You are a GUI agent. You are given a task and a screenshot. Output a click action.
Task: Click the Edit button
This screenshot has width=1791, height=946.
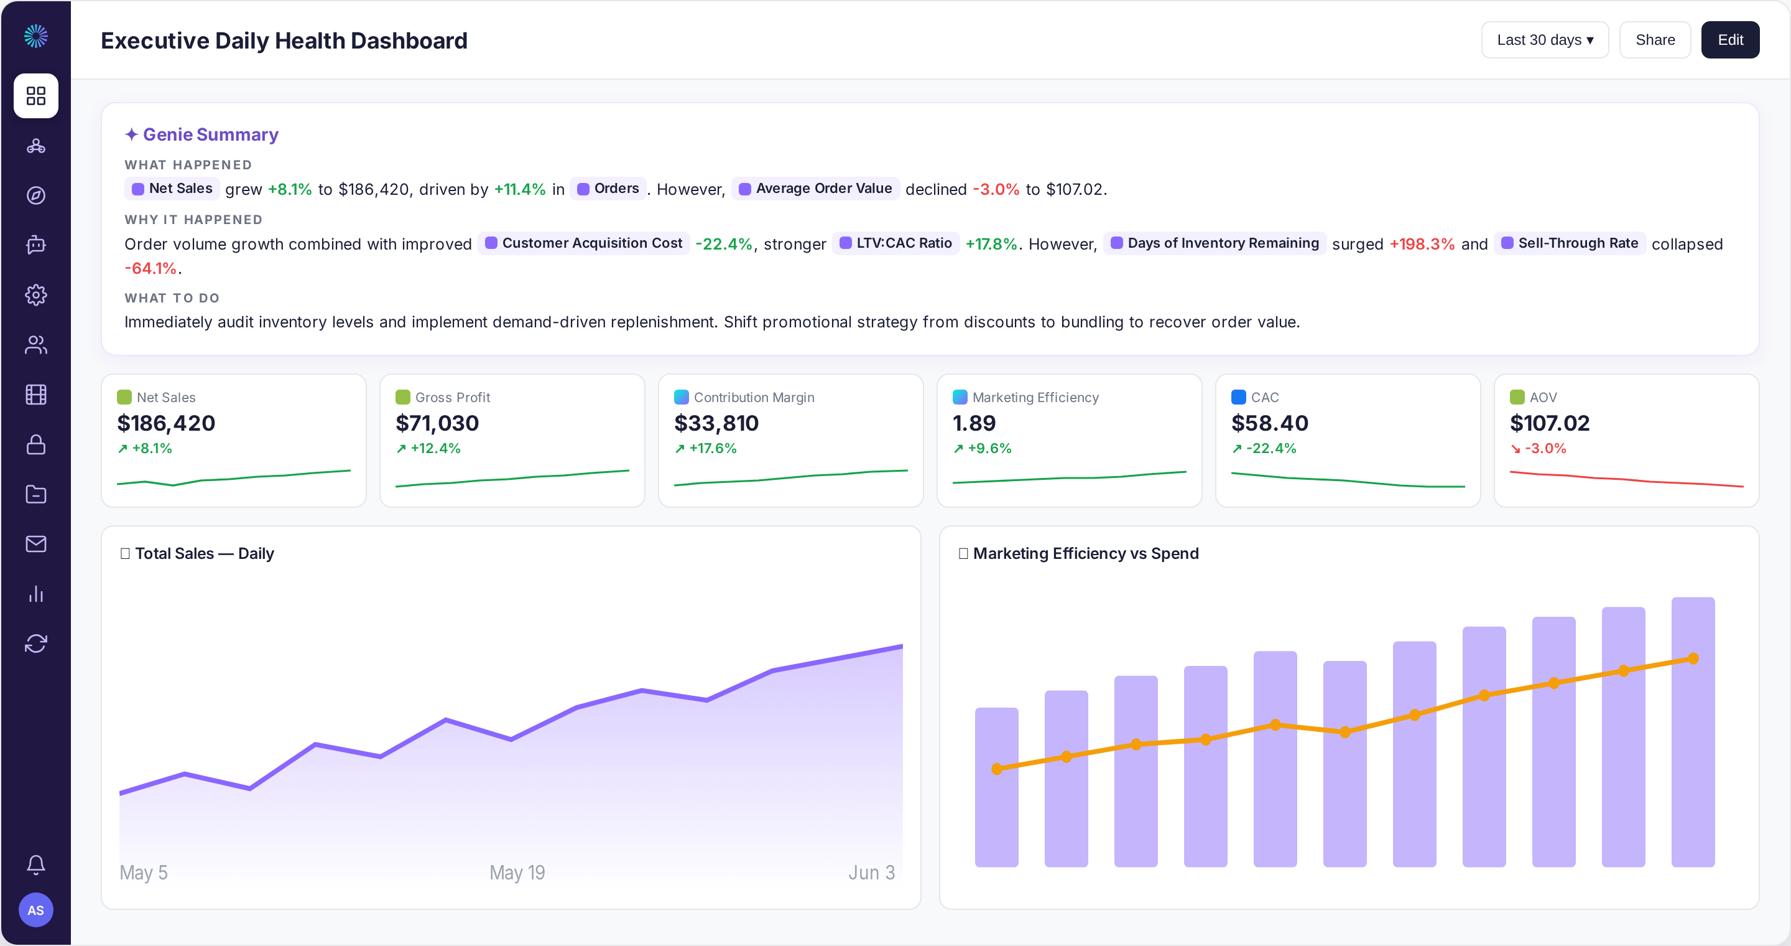click(x=1730, y=40)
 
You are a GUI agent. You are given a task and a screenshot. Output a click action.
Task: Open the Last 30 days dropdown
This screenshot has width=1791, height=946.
click(x=1545, y=40)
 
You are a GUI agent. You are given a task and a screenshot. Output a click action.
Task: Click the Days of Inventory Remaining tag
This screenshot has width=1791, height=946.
click(x=1215, y=243)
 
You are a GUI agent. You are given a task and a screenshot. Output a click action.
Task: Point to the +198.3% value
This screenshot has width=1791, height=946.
click(x=1422, y=244)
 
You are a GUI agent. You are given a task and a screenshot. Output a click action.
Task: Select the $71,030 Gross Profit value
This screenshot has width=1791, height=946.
click(x=437, y=423)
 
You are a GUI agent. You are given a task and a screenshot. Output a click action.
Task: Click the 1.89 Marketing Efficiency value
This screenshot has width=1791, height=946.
click(x=974, y=423)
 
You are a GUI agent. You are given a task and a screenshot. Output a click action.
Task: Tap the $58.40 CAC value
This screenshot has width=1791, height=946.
click(x=1269, y=423)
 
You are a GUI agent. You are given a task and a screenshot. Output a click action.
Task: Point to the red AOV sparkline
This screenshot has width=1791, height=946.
click(x=1626, y=479)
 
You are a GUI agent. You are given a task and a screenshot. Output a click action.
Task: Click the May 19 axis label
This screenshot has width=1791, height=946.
click(x=517, y=873)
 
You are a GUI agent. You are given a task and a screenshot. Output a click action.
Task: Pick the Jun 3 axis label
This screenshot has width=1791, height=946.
click(x=871, y=873)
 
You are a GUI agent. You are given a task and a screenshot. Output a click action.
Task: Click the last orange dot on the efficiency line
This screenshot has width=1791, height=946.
click(x=1693, y=658)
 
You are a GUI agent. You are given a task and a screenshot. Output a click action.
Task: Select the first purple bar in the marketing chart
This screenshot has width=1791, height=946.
click(x=996, y=787)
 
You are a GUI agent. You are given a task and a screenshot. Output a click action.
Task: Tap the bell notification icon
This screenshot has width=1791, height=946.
click(x=36, y=864)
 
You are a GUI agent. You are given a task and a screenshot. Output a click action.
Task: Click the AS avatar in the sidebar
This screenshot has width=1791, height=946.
click(x=36, y=910)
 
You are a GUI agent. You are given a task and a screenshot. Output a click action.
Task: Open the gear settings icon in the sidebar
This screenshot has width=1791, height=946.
click(x=36, y=295)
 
